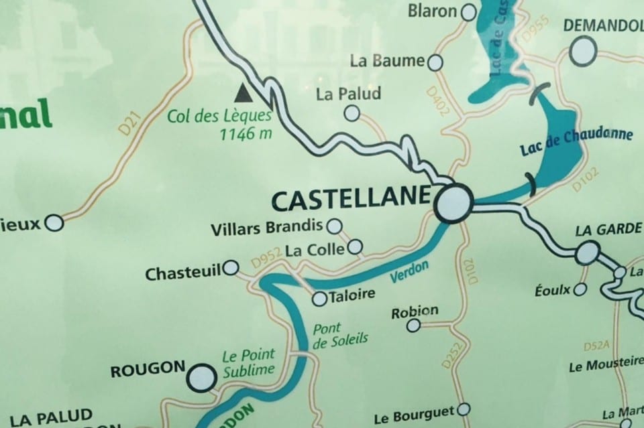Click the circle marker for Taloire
point(320,299)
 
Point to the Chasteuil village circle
point(231,268)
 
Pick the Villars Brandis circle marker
point(333,226)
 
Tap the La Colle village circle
point(355,248)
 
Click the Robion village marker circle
point(414,326)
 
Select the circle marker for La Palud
point(352,113)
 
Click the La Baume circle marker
point(435,62)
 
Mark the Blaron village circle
point(468,11)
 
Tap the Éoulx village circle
point(580,289)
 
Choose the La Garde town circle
point(586,253)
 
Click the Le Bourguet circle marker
point(463,409)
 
